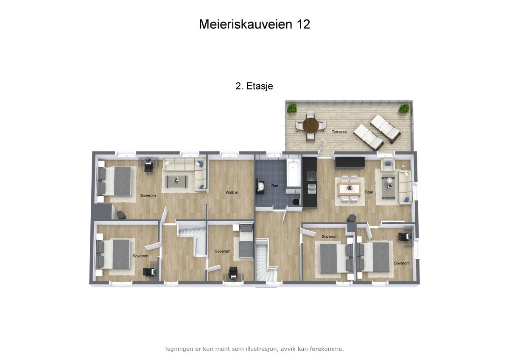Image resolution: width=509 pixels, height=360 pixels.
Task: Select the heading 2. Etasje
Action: tap(254, 86)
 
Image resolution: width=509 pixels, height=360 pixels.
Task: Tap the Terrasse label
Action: tap(339, 132)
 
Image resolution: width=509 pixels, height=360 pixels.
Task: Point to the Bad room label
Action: tap(275, 186)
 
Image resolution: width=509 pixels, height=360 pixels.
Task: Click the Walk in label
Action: tap(232, 192)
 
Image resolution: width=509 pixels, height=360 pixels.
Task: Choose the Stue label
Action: tap(369, 192)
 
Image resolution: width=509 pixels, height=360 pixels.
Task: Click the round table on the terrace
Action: tap(311, 125)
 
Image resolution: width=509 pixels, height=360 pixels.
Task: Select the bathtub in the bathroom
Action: tap(294, 173)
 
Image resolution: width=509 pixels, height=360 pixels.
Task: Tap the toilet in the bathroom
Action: tap(296, 201)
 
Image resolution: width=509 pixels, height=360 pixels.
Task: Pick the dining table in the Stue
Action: tap(350, 188)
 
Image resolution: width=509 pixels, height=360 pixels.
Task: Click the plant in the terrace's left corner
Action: tap(291, 109)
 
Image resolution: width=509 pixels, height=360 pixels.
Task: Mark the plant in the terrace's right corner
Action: tap(403, 109)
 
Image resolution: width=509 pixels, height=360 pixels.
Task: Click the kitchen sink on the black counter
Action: tap(311, 188)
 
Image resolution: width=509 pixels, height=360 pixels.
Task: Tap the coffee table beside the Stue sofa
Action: tap(388, 185)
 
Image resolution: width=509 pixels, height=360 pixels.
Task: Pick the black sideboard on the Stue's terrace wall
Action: tap(350, 163)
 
